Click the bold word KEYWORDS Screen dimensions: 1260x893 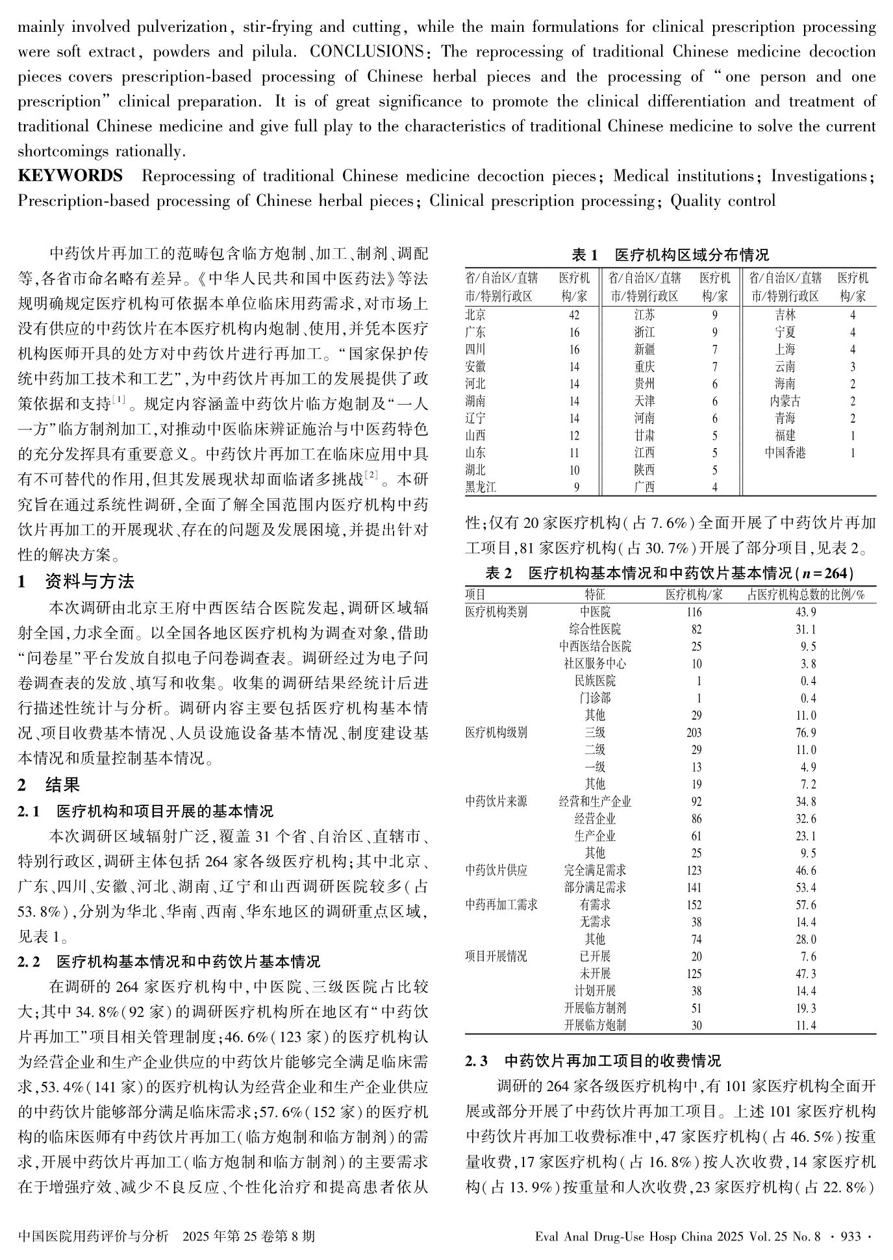(70, 176)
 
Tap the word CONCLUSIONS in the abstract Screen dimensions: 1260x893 (366, 52)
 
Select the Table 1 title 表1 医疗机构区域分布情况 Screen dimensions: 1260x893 (670, 254)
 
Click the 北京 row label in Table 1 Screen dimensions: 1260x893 (475, 315)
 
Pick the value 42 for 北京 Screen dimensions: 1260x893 (573, 315)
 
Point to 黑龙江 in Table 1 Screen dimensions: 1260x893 (481, 486)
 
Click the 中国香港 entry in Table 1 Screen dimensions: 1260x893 (785, 453)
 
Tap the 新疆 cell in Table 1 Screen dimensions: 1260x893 (644, 349)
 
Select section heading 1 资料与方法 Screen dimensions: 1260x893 (77, 581)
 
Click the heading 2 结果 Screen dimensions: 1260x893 (49, 785)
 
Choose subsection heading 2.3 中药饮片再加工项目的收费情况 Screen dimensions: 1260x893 (593, 1061)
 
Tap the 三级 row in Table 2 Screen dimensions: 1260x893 (595, 733)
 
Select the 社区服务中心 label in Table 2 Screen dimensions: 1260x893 (595, 664)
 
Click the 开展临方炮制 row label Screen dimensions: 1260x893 (595, 1025)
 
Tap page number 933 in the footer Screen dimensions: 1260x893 (851, 1236)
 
